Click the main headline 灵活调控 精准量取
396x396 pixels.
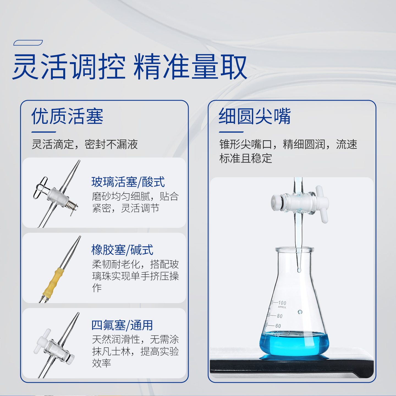130,67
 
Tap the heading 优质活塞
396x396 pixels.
67,116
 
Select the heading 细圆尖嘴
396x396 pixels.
255,116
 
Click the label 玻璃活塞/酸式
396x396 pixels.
128,182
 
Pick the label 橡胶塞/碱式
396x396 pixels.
122,250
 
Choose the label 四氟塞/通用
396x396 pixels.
122,325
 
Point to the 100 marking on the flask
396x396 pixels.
282,303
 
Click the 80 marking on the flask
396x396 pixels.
280,316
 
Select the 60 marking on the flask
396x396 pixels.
278,326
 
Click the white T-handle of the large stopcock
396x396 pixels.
322,204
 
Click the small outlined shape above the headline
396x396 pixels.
28,43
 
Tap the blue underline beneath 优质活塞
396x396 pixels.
43,132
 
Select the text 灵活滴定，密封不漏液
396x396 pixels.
85,144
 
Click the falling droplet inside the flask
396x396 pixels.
300,312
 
